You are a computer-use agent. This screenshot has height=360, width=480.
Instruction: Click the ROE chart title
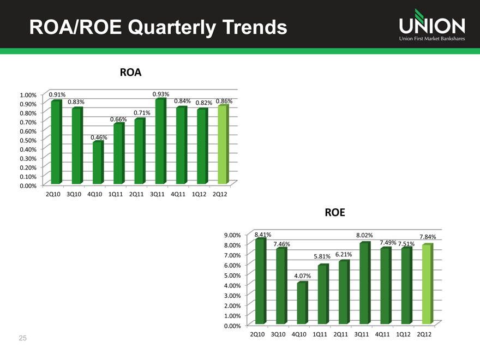click(x=335, y=213)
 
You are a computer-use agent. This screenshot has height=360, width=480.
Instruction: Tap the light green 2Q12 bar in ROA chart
click(x=222, y=145)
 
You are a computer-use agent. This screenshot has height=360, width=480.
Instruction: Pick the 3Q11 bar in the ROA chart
click(x=160, y=142)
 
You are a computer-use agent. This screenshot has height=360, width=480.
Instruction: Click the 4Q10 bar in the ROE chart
click(x=302, y=303)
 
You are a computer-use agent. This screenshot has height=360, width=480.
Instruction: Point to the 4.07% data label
click(x=302, y=276)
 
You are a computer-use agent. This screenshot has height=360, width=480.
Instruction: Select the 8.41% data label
click(x=263, y=235)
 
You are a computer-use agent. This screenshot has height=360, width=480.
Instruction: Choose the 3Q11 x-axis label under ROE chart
click(x=362, y=334)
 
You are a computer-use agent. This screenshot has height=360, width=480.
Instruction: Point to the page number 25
click(x=22, y=339)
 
